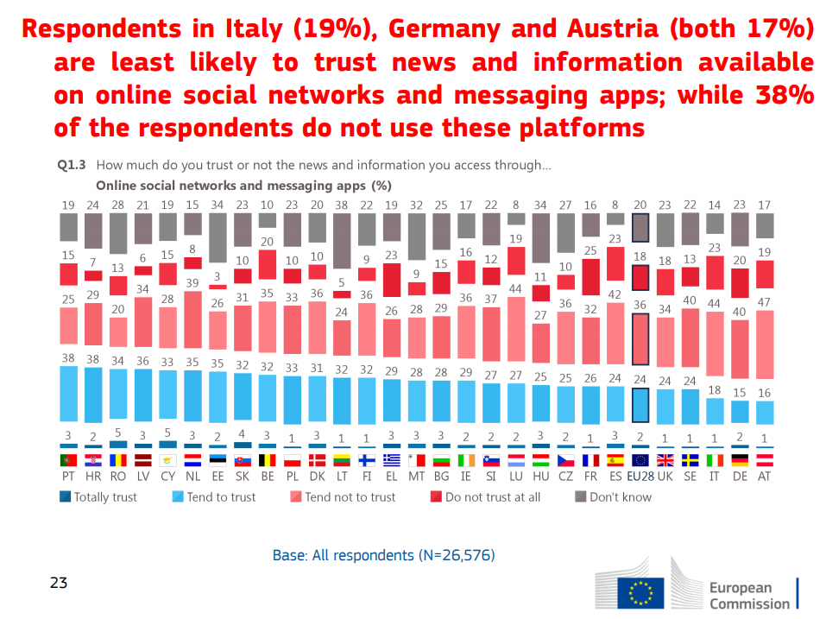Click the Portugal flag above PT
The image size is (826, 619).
click(x=67, y=460)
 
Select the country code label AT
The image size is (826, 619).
click(x=764, y=476)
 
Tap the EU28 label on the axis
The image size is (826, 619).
click(x=640, y=476)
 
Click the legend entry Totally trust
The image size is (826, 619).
click(x=98, y=497)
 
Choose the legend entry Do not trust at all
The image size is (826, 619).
click(x=491, y=497)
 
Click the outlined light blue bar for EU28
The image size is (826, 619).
click(x=640, y=403)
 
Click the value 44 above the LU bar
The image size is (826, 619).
click(x=516, y=288)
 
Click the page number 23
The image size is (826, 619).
click(x=59, y=583)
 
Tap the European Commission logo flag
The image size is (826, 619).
click(x=640, y=592)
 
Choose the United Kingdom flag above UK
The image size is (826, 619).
click(x=665, y=460)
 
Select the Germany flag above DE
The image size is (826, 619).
click(x=739, y=460)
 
